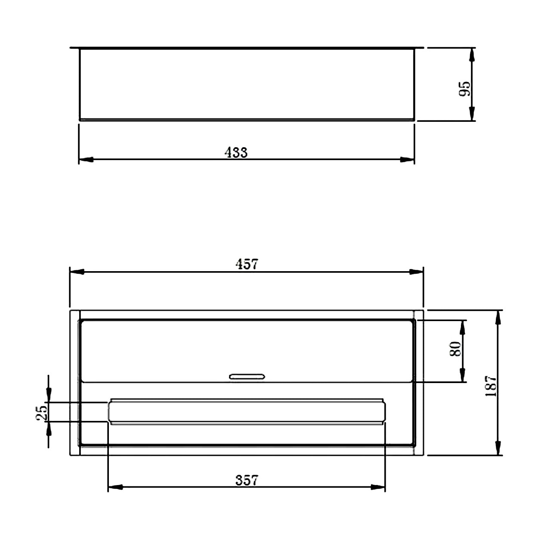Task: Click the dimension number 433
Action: click(236, 152)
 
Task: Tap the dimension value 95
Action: click(465, 89)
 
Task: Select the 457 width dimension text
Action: click(247, 264)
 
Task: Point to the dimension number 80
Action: click(455, 349)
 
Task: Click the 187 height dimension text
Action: click(491, 386)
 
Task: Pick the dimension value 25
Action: click(42, 413)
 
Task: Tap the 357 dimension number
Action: click(247, 480)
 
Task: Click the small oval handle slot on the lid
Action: click(247, 377)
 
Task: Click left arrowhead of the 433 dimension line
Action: click(86, 159)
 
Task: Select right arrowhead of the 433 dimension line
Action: click(407, 159)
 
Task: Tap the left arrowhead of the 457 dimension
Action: click(77, 272)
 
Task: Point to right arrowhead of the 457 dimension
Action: click(416, 272)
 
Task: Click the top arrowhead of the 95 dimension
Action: click(472, 55)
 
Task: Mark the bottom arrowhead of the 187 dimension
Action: click(498, 448)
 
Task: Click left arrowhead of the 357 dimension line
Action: click(115, 487)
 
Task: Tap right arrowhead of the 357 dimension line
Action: click(378, 487)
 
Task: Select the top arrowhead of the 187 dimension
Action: click(498, 317)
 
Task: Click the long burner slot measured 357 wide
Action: click(247, 412)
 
